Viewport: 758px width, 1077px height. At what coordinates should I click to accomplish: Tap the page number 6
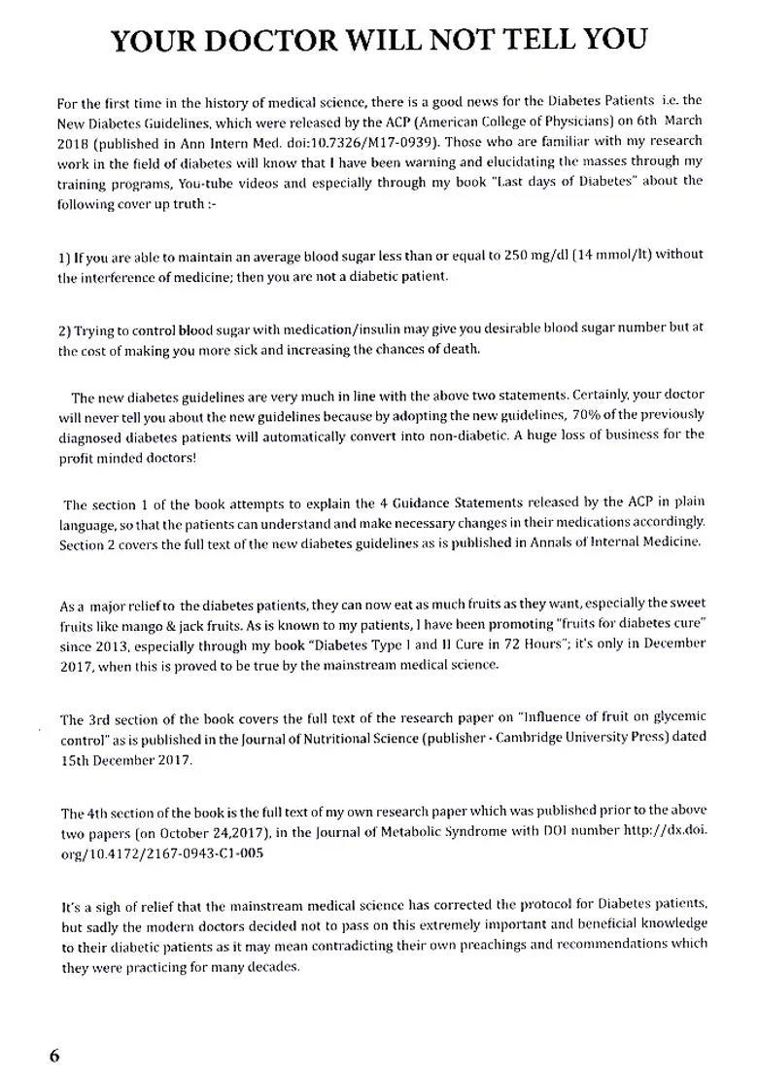point(54,1056)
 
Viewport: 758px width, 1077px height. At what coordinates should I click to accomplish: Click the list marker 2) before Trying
point(64,330)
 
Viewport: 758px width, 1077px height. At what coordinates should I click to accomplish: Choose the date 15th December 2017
point(126,759)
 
